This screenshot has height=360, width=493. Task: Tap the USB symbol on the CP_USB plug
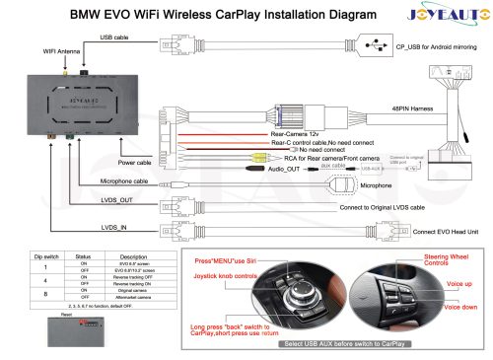tap(374, 46)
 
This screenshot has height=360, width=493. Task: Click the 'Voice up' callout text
tap(460, 284)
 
